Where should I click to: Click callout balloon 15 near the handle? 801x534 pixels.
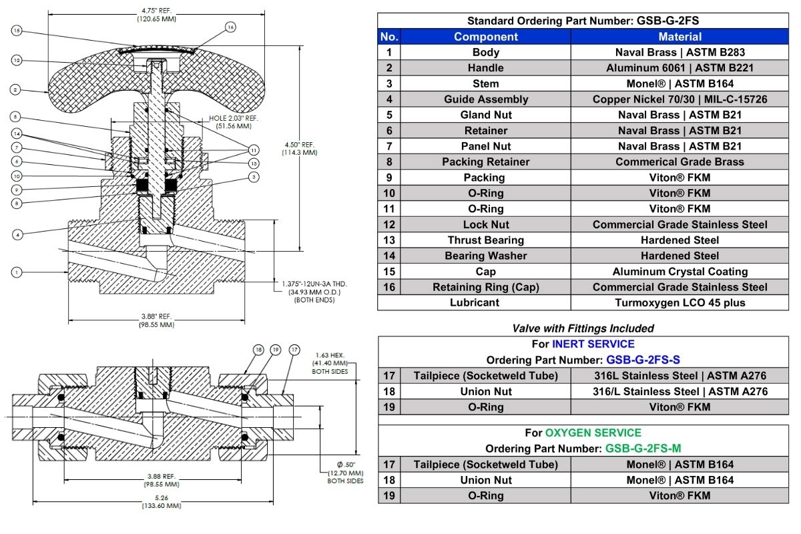point(17,31)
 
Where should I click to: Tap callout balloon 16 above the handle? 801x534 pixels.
point(230,27)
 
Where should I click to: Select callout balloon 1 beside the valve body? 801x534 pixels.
point(17,272)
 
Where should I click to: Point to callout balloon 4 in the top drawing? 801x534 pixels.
point(17,234)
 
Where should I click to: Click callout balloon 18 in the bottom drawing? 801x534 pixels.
point(258,350)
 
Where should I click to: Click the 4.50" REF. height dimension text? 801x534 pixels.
point(300,148)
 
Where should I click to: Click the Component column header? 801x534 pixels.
point(485,37)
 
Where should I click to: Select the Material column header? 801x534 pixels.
point(680,37)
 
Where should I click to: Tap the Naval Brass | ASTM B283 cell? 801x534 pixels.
point(680,52)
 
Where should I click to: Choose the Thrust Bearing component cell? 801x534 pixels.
point(485,240)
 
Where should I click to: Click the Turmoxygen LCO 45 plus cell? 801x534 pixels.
point(680,302)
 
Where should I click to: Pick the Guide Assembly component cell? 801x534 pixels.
point(485,99)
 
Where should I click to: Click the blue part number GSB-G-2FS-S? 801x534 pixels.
point(643,360)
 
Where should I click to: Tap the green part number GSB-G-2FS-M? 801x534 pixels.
point(643,449)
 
